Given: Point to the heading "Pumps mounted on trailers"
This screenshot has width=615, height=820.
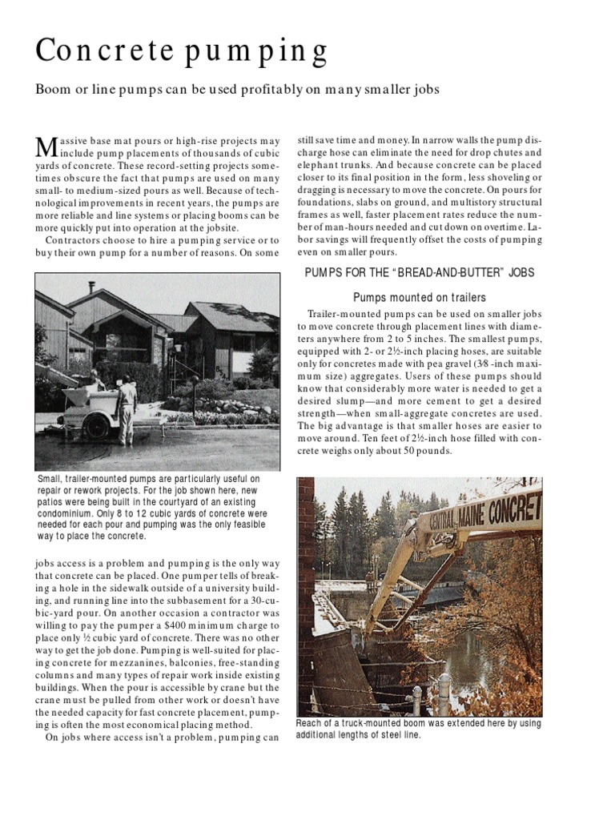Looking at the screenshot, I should pos(420,297).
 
